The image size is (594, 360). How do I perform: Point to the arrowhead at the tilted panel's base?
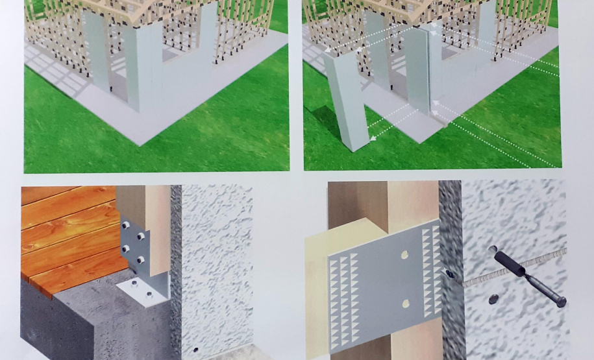[371, 138]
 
